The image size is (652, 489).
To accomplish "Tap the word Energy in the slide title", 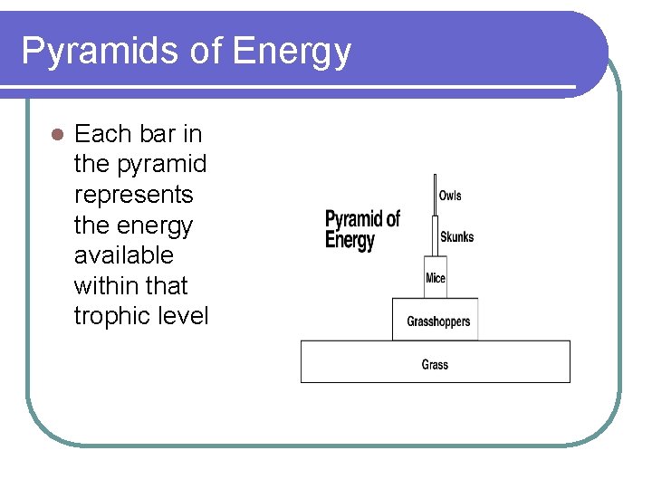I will (292, 52).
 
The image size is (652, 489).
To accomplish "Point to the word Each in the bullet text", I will (102, 134).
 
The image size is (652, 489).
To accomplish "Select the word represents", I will (133, 195).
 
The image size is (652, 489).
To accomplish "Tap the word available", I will (123, 255).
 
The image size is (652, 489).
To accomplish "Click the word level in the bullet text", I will (185, 316).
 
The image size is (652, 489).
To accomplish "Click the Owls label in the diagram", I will (450, 196).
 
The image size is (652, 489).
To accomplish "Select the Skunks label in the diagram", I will (456, 237).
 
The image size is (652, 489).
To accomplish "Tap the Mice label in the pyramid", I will (436, 278).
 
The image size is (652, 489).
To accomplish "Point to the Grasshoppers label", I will (438, 321).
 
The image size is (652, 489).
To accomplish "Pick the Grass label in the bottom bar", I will (435, 365).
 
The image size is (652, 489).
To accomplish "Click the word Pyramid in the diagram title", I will (355, 220).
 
